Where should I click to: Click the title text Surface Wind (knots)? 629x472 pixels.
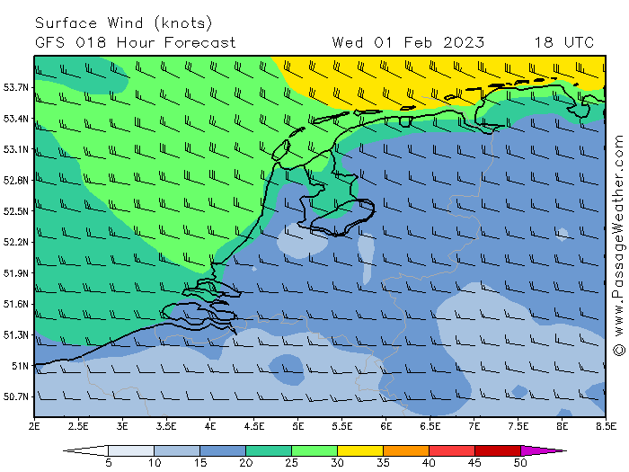coord(124,22)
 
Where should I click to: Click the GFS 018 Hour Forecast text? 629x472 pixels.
coord(136,42)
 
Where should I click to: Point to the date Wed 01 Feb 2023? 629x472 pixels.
coord(408,42)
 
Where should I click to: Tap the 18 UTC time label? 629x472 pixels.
coord(563,42)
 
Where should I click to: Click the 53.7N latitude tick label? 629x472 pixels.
coord(17,87)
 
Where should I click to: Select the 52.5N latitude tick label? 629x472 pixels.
coord(17,211)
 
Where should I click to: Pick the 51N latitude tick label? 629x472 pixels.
coord(20,366)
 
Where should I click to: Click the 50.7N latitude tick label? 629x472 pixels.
coord(17,396)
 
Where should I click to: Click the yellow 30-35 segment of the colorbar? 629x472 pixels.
coord(359,450)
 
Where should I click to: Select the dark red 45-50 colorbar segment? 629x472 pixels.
coord(497,450)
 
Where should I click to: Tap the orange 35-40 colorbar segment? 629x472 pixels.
coord(405,450)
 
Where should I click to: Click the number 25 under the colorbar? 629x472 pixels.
coord(291,463)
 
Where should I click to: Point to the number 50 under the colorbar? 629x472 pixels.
coord(520,463)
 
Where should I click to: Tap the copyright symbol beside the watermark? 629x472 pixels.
coord(618,349)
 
